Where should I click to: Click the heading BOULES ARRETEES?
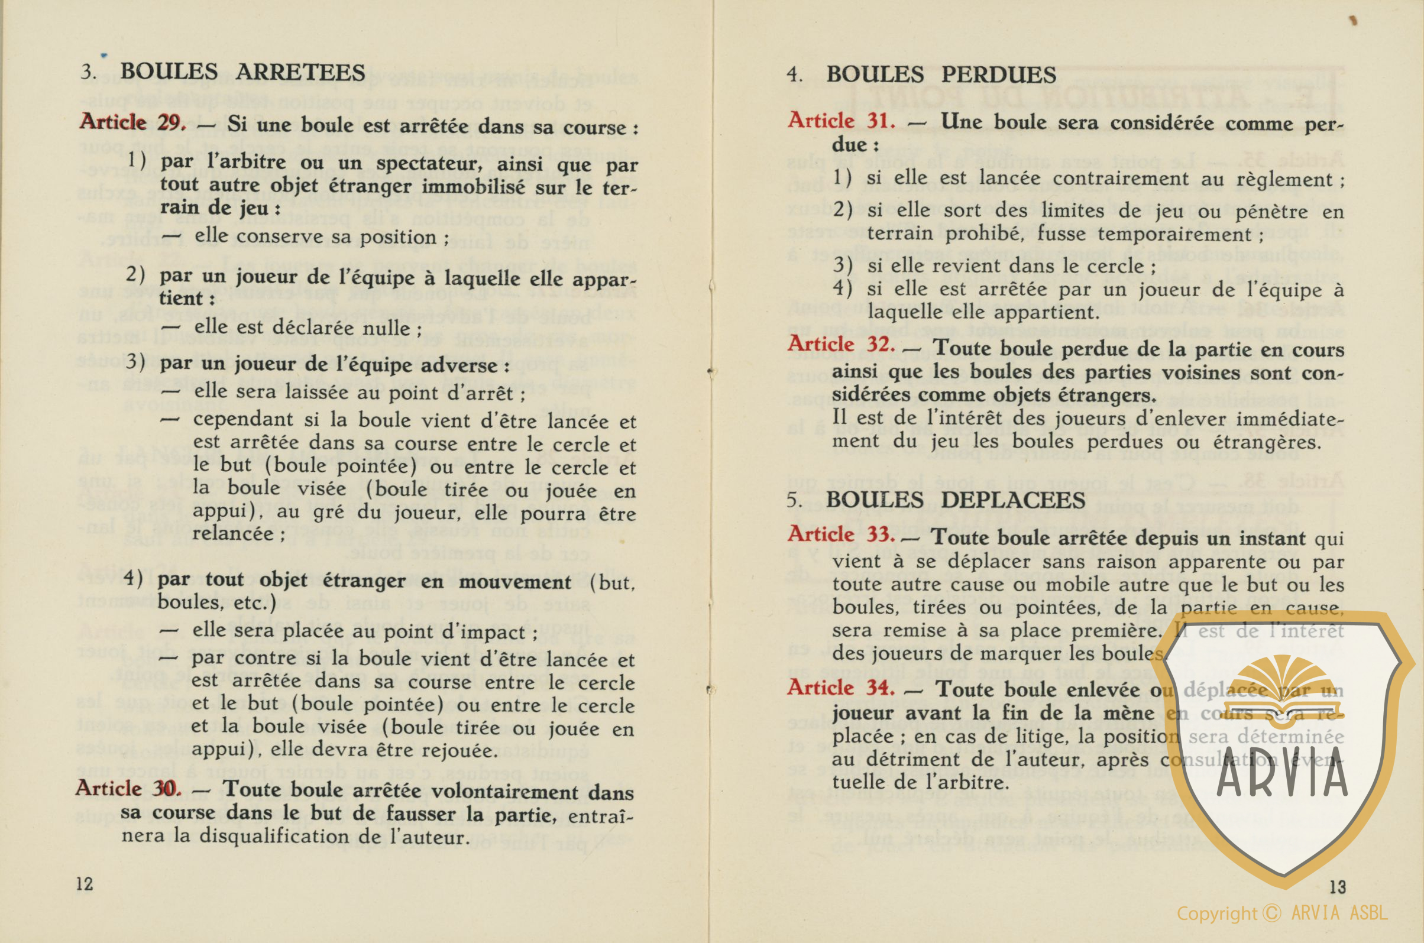click(x=242, y=72)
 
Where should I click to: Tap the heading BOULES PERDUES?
click(x=940, y=74)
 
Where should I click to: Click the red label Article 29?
click(x=132, y=123)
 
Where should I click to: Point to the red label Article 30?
click(x=128, y=789)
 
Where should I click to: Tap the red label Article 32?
click(x=840, y=345)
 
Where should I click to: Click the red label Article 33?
click(x=840, y=534)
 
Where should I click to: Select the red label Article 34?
click(x=840, y=688)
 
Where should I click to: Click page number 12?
click(x=85, y=883)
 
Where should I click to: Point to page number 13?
click(x=1338, y=887)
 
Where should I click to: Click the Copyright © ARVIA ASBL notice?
click(x=1281, y=913)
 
